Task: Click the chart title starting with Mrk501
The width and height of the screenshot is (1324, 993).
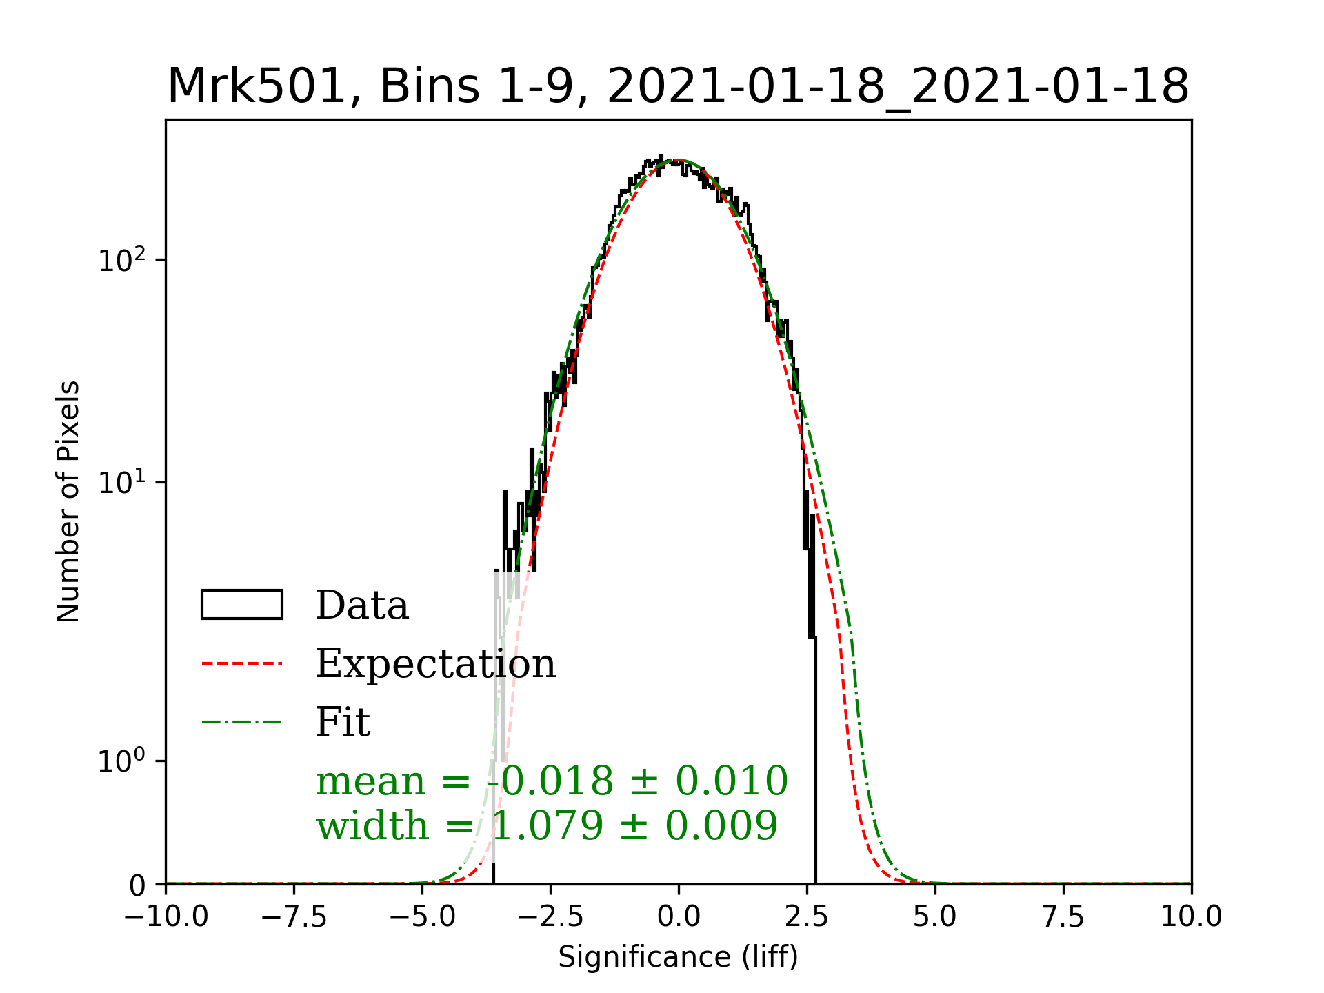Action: pos(678,86)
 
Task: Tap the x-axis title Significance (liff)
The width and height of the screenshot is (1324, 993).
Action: pos(678,957)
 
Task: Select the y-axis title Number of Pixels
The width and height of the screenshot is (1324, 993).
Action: pos(68,501)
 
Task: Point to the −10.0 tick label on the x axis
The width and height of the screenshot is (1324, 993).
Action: pos(166,917)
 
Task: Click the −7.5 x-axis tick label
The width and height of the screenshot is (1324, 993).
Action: pos(294,917)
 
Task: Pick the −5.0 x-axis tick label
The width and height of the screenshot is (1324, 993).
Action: pos(422,917)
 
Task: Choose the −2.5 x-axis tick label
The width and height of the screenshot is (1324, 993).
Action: pos(550,917)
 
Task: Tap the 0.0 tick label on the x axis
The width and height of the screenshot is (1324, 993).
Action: pos(679,917)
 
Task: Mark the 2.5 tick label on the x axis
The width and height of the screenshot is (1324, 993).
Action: pos(807,917)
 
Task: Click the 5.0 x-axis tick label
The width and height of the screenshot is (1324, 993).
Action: pos(935,917)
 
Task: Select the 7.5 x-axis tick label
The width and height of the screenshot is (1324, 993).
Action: pos(1063,917)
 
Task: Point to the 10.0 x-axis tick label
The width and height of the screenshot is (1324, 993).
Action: pos(1191,917)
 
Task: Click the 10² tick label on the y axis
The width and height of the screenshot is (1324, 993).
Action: pos(122,261)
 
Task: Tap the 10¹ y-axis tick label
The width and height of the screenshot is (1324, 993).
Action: pos(122,483)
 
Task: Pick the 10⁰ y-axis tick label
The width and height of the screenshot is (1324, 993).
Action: pos(122,761)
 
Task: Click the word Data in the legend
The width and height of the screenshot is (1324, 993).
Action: pos(362,605)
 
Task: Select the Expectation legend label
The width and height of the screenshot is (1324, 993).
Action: pos(435,664)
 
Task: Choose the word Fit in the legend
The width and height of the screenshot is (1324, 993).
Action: pos(343,723)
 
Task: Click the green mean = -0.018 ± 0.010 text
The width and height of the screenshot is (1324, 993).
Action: pos(552,781)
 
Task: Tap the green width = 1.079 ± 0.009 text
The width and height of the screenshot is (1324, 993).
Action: pos(547,825)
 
